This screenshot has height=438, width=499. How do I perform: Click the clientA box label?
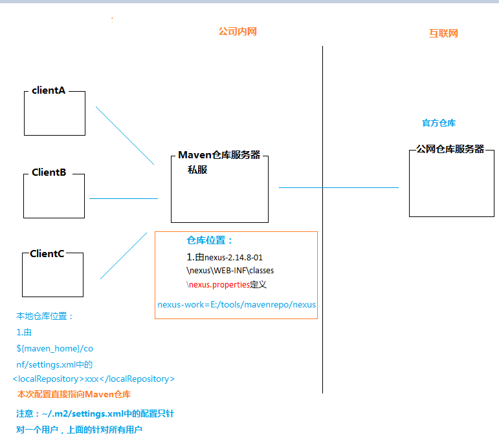coord(49,90)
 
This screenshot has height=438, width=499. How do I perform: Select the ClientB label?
coord(49,172)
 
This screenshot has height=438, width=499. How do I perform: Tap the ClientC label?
coord(47,254)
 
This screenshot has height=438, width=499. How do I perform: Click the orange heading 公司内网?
coord(238,32)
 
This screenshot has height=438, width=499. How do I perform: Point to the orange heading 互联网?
coord(443,33)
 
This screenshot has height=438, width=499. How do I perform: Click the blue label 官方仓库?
coord(439,123)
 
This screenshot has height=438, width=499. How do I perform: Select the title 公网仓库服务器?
coord(450,149)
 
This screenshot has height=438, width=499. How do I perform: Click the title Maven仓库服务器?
coord(219,154)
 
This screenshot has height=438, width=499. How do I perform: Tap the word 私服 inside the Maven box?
coord(197,170)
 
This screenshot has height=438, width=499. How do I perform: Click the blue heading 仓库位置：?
coord(210,240)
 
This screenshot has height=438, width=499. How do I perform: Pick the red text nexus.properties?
coord(219,285)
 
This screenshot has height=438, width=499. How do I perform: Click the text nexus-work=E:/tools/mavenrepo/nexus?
coord(236,305)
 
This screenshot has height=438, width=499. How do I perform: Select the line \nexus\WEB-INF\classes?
coord(230,270)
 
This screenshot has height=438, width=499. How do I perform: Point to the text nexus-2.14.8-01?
coord(233,257)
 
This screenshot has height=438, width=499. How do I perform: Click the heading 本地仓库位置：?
coord(45,316)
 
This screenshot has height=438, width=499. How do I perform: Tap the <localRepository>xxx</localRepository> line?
coord(94,379)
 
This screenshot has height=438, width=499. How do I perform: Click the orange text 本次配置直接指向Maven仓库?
coord(74,394)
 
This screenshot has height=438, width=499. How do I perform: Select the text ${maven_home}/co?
coord(55,348)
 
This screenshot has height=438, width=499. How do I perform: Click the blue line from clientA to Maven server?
coord(125,136)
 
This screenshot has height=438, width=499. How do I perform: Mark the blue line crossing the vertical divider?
coord(338,188)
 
